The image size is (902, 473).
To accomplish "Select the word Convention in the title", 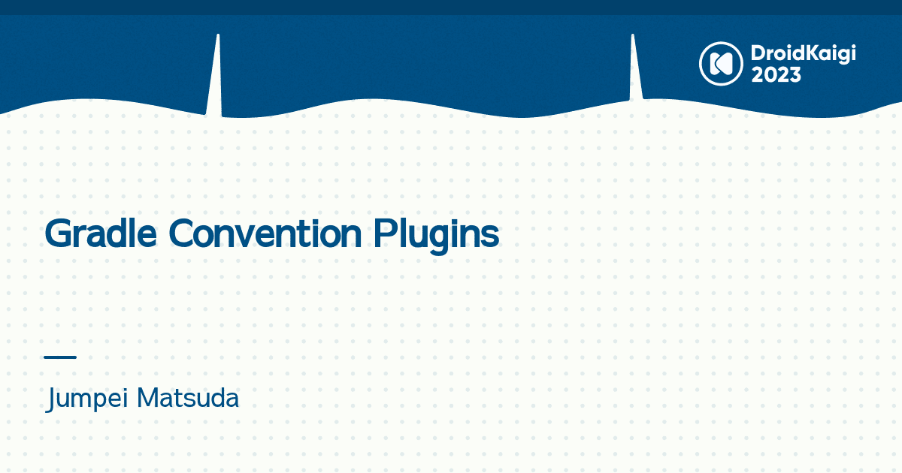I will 265,234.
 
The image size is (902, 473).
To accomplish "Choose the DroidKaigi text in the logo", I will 804,54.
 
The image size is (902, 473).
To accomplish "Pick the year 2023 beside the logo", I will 776,75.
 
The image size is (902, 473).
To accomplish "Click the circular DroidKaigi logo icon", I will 721,63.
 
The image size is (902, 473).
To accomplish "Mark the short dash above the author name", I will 60,357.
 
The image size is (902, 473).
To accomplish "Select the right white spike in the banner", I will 634,71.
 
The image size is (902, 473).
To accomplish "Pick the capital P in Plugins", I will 383,234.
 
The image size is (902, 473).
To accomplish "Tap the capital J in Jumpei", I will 51,399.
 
